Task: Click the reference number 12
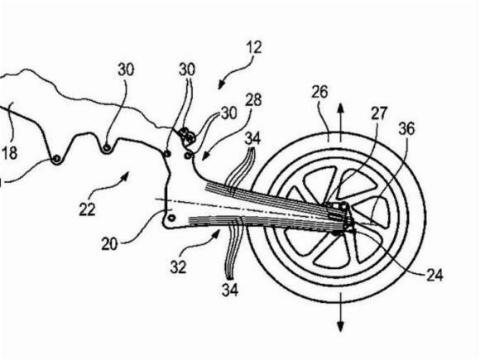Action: click(x=254, y=48)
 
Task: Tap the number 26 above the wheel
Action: click(x=319, y=92)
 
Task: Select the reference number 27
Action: click(x=379, y=113)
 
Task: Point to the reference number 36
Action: click(x=406, y=128)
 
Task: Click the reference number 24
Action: click(x=434, y=276)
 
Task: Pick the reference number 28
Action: click(x=253, y=100)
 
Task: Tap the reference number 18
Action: click(x=9, y=153)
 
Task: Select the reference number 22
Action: click(x=87, y=209)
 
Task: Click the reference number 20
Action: click(x=109, y=244)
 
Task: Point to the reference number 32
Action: click(x=178, y=267)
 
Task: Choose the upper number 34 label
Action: click(x=252, y=138)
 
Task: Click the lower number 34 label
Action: click(x=230, y=290)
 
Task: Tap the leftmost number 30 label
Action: click(x=126, y=70)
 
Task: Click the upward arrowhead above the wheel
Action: click(x=340, y=109)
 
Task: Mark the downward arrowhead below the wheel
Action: click(x=340, y=326)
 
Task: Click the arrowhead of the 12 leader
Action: click(x=221, y=84)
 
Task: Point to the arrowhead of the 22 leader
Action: click(x=125, y=175)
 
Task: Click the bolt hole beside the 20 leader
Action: click(x=171, y=218)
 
